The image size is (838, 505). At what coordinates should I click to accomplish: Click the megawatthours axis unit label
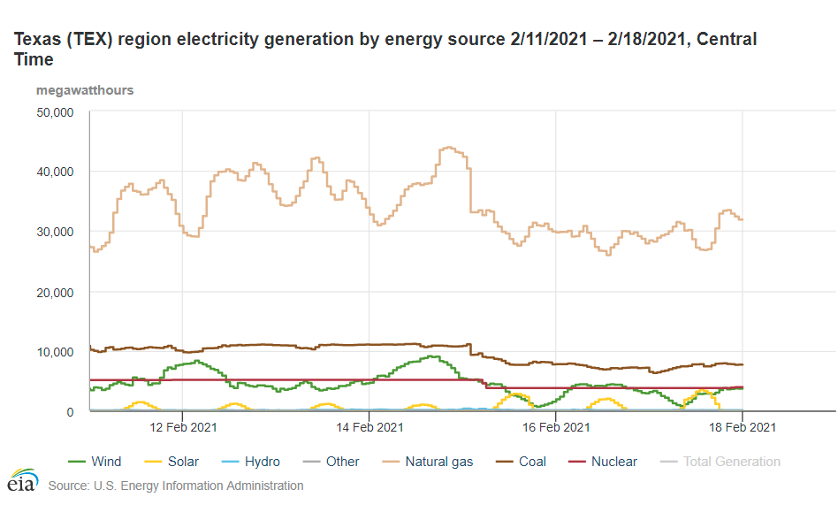pyautogui.click(x=85, y=90)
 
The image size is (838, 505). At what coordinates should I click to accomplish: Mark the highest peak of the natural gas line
pyautogui.click(x=448, y=148)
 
